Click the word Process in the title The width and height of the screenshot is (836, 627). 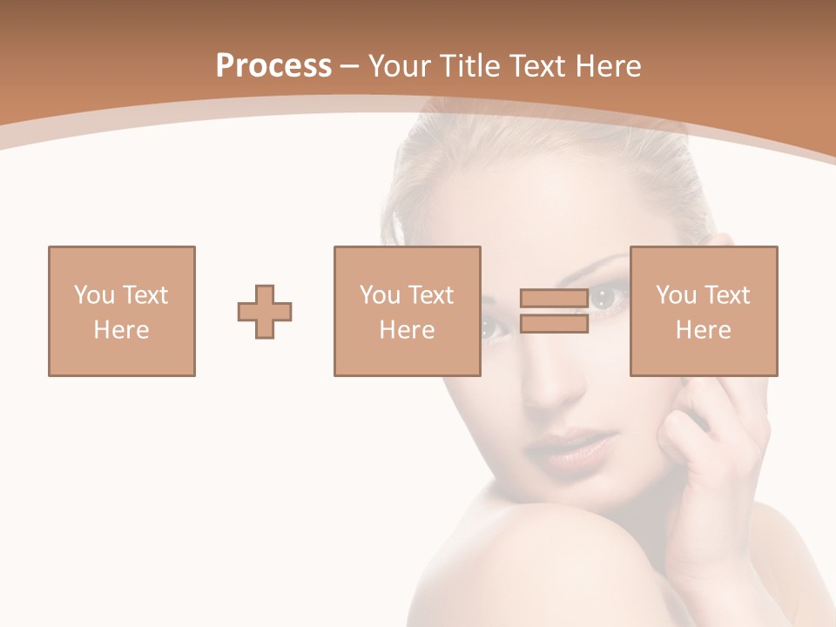pyautogui.click(x=273, y=66)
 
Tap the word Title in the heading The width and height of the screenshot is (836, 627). pyautogui.click(x=470, y=66)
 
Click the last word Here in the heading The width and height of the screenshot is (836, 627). pyautogui.click(x=609, y=66)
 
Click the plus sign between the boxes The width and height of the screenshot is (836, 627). pyautogui.click(x=265, y=312)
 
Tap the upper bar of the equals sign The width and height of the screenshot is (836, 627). pyautogui.click(x=554, y=298)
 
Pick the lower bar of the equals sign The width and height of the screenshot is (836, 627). pyautogui.click(x=554, y=324)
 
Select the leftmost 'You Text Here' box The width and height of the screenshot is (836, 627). pyautogui.click(x=122, y=311)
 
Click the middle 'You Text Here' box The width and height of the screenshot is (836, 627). pyautogui.click(x=408, y=311)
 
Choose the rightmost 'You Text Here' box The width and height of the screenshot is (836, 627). pyautogui.click(x=704, y=311)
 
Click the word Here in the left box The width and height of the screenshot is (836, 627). pyautogui.click(x=122, y=330)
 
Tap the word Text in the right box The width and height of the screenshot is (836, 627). pyautogui.click(x=727, y=295)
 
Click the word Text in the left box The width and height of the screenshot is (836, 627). pyautogui.click(x=145, y=295)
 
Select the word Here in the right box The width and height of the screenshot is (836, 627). pyautogui.click(x=704, y=330)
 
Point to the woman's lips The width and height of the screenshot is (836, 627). pyautogui.click(x=570, y=449)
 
